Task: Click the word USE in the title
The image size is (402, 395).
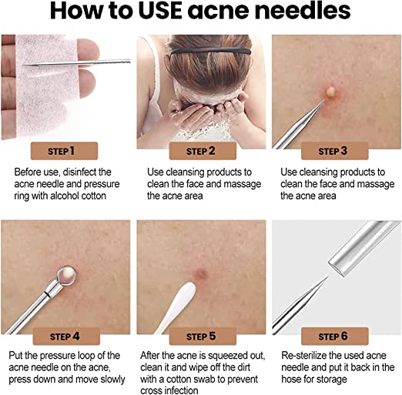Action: [x=161, y=11]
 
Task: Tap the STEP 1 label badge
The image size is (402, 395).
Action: [x=64, y=151]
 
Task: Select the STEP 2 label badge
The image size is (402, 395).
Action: [x=203, y=151]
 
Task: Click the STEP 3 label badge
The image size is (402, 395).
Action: [x=335, y=151]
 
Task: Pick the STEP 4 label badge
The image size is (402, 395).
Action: [x=66, y=336]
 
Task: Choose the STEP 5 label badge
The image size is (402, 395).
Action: [x=203, y=336]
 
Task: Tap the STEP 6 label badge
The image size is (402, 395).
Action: [x=335, y=336]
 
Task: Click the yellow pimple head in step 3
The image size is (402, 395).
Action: [x=330, y=92]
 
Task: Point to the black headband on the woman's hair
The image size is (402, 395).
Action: [x=211, y=52]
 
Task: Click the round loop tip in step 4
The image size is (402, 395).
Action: [x=66, y=276]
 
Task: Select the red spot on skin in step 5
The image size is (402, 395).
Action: [x=201, y=275]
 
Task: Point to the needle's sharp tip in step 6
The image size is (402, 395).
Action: [x=327, y=277]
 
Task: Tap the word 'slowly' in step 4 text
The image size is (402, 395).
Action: [x=112, y=380]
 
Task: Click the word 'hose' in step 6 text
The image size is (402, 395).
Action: [x=292, y=379]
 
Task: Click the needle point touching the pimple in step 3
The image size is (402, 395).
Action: [x=323, y=100]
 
